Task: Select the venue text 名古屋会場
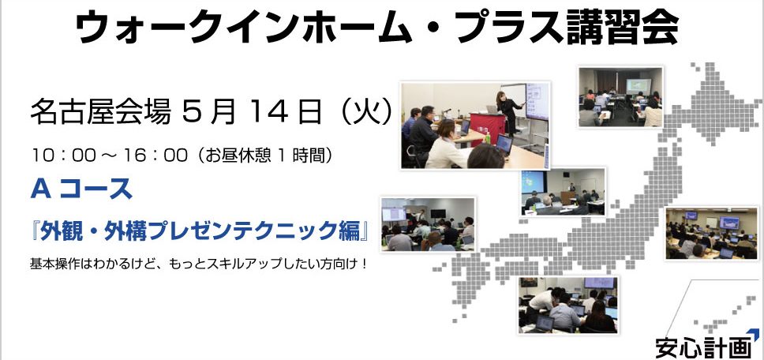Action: (x=101, y=113)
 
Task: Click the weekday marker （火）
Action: (x=367, y=113)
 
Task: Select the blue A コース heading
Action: (x=81, y=189)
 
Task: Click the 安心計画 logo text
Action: (x=703, y=348)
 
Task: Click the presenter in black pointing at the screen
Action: (x=508, y=113)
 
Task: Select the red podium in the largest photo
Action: (x=487, y=128)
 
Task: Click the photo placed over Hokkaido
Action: (x=620, y=97)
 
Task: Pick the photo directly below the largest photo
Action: (x=563, y=192)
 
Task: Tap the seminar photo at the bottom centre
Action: (x=568, y=306)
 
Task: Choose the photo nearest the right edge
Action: (x=712, y=233)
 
